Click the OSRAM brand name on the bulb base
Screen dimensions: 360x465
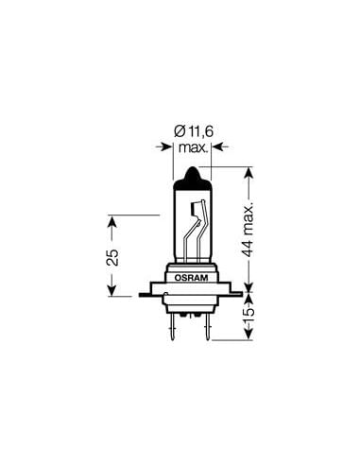192,278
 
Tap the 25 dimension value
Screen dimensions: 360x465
112,257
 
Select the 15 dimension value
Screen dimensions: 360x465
249,312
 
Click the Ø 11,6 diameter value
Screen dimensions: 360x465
194,131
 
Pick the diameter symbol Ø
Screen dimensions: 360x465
180,131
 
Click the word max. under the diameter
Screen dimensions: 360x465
193,147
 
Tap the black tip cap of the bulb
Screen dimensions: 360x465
193,180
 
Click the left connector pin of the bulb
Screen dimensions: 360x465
172,327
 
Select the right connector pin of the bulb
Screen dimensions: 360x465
207,327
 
